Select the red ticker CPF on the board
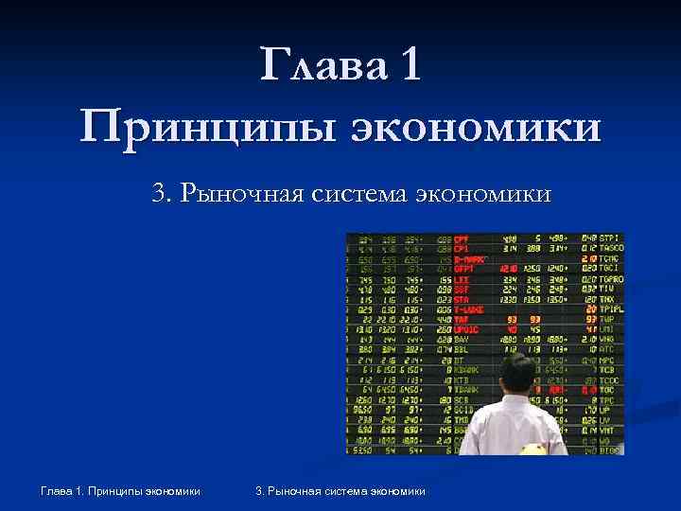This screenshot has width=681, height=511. point(462,238)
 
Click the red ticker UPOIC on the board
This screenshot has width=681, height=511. point(465,329)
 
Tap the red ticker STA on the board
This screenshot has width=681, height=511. point(461,299)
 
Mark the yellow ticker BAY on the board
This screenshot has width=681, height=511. point(461,339)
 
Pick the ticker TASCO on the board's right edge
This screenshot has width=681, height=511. point(610,248)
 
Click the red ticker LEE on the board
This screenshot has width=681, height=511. point(461,279)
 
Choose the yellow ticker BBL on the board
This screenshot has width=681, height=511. point(461,349)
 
